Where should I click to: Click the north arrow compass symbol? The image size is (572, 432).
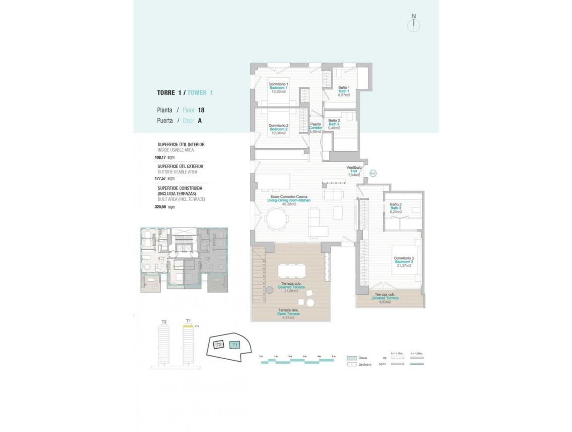pos(414,24)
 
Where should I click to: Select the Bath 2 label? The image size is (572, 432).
pos(334,124)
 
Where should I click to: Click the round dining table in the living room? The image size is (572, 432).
pos(277,219)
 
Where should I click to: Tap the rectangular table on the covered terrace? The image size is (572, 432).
pos(291,271)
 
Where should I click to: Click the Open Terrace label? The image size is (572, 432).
pos(288,314)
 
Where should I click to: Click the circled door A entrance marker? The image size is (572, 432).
pos(372,173)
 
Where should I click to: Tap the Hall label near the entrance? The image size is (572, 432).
pos(354,171)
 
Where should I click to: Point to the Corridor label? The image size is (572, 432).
pos(315,128)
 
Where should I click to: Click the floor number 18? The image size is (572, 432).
pos(201,110)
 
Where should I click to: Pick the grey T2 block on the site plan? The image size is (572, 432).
pos(218,345)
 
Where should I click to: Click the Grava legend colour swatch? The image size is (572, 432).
pos(351,358)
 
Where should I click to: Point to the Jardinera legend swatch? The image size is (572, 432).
pos(351,364)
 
